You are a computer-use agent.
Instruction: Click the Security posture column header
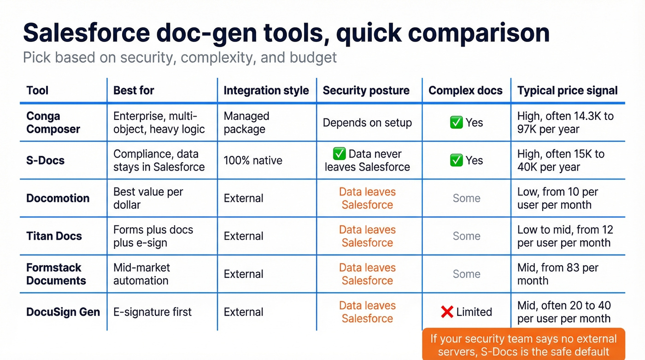pyautogui.click(x=366, y=90)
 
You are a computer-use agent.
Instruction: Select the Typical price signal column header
pyautogui.click(x=567, y=90)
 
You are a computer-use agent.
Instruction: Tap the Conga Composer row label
pyautogui.click(x=53, y=123)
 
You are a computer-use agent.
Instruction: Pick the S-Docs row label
pyautogui.click(x=45, y=160)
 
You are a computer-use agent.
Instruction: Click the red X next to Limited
pyautogui.click(x=447, y=312)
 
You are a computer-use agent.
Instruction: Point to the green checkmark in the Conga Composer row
pyautogui.click(x=456, y=123)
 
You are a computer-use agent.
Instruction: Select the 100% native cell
pyautogui.click(x=253, y=160)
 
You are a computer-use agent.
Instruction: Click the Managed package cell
pyautogui.click(x=246, y=123)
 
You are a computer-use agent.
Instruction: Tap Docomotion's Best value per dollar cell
pyautogui.click(x=148, y=198)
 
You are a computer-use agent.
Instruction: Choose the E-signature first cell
pyautogui.click(x=152, y=312)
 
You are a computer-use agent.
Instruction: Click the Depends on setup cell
pyautogui.click(x=367, y=123)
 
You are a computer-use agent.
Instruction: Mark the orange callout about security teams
pyautogui.click(x=523, y=345)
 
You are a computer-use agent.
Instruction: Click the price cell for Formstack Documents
pyautogui.click(x=557, y=274)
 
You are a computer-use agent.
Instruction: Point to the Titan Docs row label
pyautogui.click(x=54, y=236)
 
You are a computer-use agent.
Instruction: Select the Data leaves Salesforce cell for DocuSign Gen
pyautogui.click(x=367, y=312)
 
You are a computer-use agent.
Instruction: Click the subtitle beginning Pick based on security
pyautogui.click(x=180, y=58)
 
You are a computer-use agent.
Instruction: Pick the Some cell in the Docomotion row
pyautogui.click(x=466, y=198)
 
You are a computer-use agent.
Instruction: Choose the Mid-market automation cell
pyautogui.click(x=141, y=274)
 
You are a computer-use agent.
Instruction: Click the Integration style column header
pyautogui.click(x=266, y=90)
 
